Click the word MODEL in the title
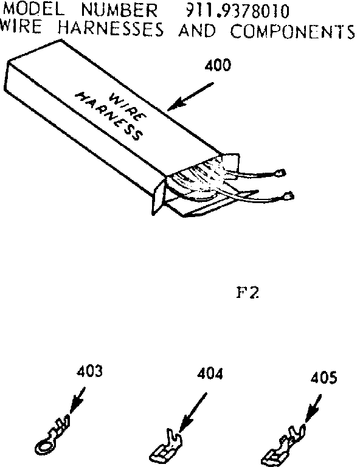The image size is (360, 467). (33, 10)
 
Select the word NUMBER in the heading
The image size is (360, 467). (119, 10)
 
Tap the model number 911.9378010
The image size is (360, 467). (237, 12)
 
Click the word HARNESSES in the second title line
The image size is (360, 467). (111, 29)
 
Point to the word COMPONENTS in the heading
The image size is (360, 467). (292, 31)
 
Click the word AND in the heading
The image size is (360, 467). (197, 30)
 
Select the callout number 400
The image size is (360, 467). (218, 65)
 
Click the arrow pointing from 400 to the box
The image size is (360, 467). (191, 96)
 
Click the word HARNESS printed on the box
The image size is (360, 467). (109, 116)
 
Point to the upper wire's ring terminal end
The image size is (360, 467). (280, 173)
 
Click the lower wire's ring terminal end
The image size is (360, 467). (288, 196)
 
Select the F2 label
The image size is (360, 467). (247, 292)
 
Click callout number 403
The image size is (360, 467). (89, 371)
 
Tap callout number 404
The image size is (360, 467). (210, 374)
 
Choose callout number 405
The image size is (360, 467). (324, 378)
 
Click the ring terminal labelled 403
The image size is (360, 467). (52, 435)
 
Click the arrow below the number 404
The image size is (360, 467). (193, 412)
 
